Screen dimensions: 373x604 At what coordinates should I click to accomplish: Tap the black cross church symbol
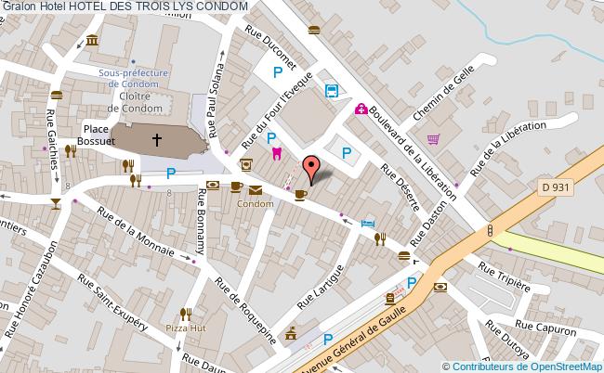coord(157,140)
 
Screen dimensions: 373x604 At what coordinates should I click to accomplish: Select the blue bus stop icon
coord(331,90)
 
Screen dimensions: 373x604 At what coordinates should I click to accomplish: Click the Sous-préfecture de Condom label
coord(136,76)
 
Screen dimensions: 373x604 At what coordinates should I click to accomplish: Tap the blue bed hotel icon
coord(369,224)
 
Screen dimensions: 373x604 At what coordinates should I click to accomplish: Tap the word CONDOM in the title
coord(222,6)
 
